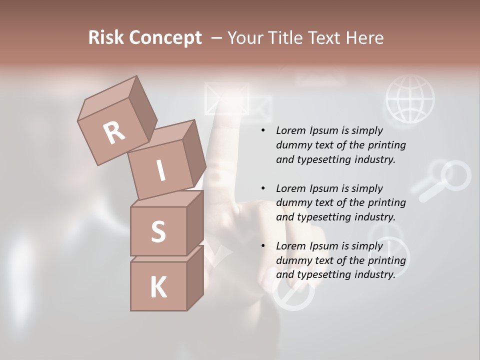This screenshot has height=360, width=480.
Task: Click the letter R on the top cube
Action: click(114, 132)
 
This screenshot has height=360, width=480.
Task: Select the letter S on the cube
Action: click(158, 231)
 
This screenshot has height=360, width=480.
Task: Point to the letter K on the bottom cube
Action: click(158, 287)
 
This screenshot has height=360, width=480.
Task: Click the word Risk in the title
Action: click(105, 37)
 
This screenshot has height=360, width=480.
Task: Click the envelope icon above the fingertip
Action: click(226, 98)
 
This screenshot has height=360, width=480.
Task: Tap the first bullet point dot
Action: click(263, 130)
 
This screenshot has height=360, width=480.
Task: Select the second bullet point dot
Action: click(263, 188)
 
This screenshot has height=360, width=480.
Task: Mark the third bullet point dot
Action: click(263, 246)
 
